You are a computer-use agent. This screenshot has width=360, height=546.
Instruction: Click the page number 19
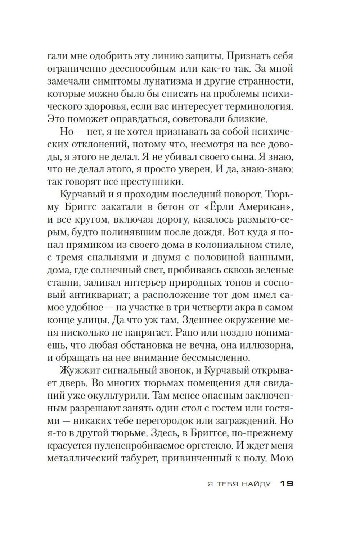click(x=287, y=484)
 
